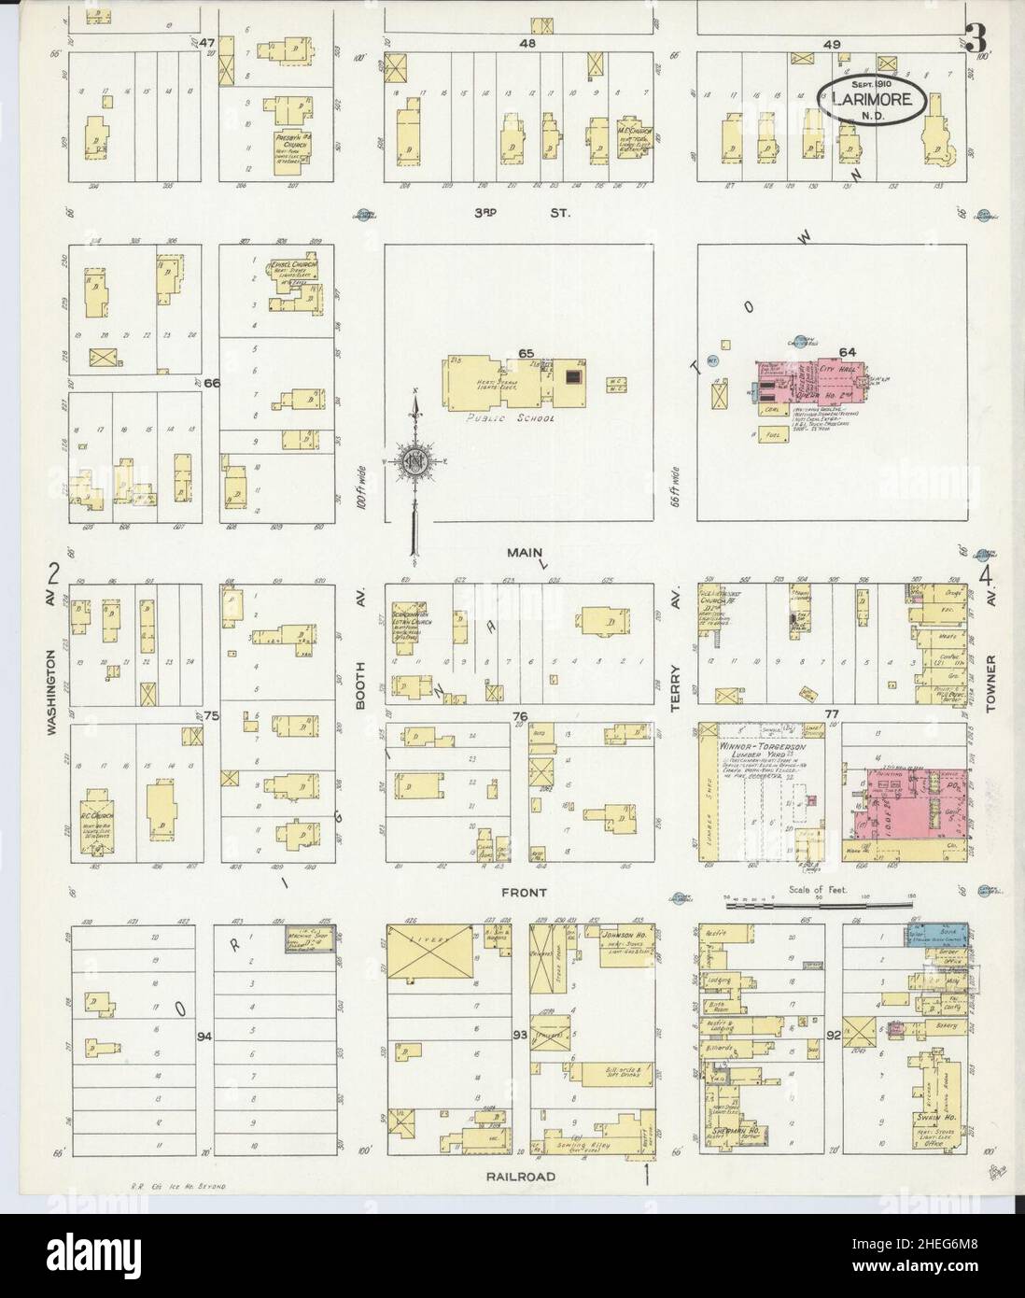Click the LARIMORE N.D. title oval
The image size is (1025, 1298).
click(874, 97)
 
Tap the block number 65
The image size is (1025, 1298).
click(527, 353)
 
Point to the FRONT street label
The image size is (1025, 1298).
click(523, 893)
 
